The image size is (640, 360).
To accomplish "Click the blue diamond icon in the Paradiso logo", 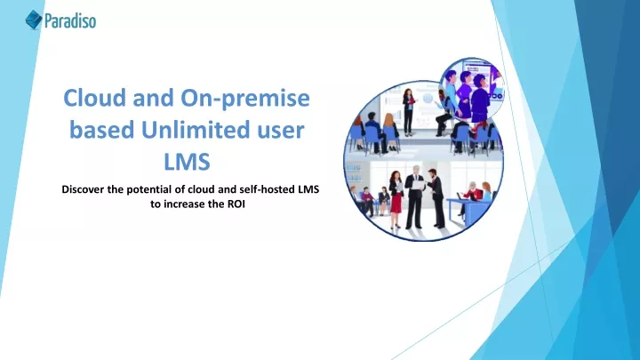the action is [x=34, y=20].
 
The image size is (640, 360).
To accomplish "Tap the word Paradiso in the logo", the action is [x=70, y=20].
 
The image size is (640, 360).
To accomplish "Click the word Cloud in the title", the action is [x=95, y=98].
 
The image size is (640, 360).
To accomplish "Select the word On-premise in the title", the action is [x=245, y=99].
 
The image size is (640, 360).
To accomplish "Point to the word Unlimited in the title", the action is [x=195, y=130].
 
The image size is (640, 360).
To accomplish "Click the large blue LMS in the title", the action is [x=187, y=162].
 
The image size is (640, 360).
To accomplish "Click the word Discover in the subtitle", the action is [x=83, y=189].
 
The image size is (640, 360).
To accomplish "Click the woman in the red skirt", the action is [x=396, y=199].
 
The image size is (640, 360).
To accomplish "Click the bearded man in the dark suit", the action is [x=436, y=198].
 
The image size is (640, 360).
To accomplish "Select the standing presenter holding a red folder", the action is [x=409, y=111].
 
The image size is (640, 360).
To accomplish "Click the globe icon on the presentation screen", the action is [x=428, y=99].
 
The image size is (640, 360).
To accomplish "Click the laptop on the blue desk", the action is [x=460, y=196].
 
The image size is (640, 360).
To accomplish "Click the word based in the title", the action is [x=102, y=130].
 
